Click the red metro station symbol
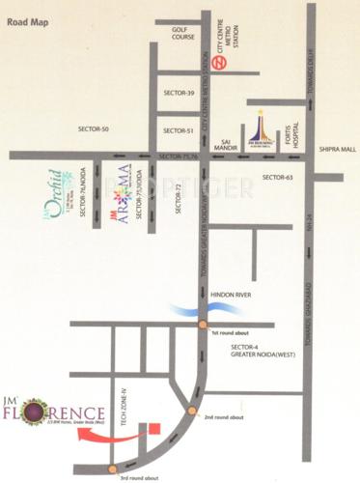(221, 63)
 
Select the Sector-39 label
(179, 93)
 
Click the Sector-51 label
(179, 130)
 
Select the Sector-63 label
(276, 177)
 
